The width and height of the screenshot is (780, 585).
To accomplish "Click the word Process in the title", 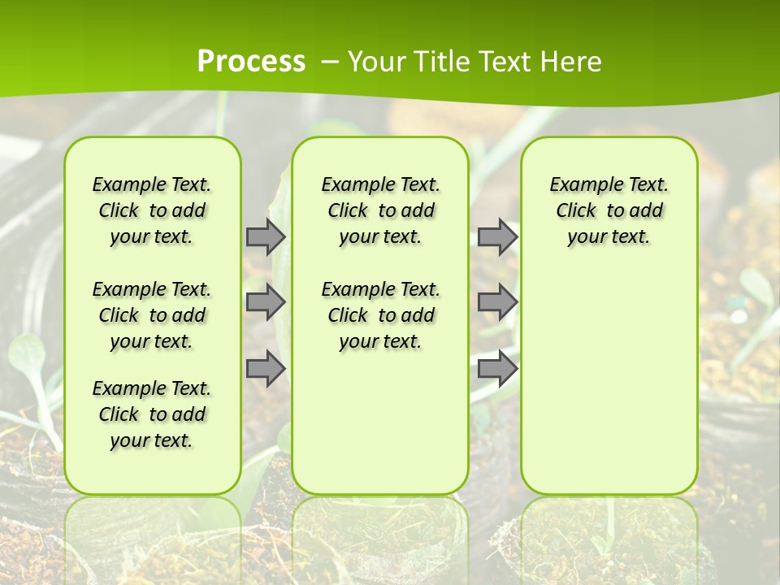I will (x=251, y=61).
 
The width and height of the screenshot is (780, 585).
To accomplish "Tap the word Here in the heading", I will (x=572, y=61).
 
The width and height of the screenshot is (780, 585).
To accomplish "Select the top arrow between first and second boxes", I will (x=266, y=236).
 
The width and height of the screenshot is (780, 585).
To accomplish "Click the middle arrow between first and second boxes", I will (x=266, y=302).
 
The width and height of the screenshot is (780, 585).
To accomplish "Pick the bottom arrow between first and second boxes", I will (x=266, y=368).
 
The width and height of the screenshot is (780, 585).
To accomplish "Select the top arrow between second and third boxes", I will (x=497, y=236).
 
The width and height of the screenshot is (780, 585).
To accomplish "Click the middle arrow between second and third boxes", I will (x=497, y=302).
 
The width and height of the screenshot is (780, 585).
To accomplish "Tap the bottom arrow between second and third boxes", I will (x=497, y=368).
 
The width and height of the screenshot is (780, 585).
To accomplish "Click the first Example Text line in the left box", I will (x=152, y=184).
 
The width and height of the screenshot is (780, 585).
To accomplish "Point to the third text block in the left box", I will (x=152, y=414).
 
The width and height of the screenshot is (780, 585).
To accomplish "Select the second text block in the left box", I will (x=152, y=315).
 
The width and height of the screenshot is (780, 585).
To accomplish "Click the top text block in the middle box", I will (x=380, y=210).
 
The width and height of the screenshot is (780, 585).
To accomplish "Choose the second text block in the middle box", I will (x=380, y=315).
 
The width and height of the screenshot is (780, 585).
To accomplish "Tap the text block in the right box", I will (x=609, y=210).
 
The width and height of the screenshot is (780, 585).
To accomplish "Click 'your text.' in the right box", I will (x=609, y=237).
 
